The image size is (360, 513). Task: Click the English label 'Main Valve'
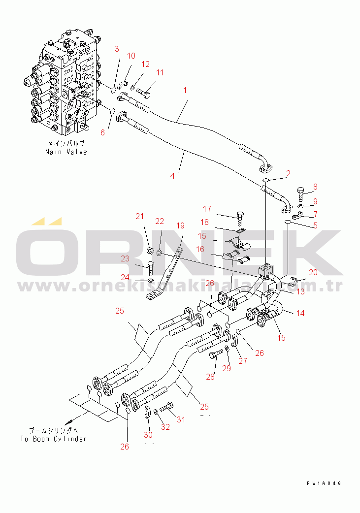click(x=66, y=152)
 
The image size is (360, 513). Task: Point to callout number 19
click(x=180, y=225)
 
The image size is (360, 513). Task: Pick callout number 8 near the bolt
click(x=315, y=187)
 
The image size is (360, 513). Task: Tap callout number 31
click(x=181, y=419)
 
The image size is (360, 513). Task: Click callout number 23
click(x=125, y=258)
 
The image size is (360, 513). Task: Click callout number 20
click(x=313, y=272)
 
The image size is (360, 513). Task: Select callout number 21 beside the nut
click(x=140, y=216)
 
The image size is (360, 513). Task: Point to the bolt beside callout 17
click(x=240, y=217)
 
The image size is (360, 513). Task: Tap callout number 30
click(x=148, y=435)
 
